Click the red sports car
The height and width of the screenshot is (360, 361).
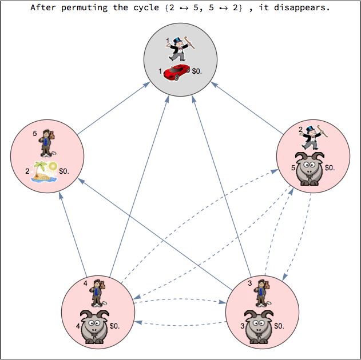pos(177,72)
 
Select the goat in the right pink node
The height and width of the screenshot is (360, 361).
pos(310,168)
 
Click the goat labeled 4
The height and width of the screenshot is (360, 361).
pos(95,326)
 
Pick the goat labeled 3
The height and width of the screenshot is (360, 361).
pos(259,326)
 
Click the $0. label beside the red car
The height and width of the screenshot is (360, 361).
pos(198,71)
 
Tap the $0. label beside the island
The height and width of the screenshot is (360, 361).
pos(65,170)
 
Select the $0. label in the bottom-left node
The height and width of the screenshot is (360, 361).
pos(115,326)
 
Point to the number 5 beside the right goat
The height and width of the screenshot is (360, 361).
pos(293,168)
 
